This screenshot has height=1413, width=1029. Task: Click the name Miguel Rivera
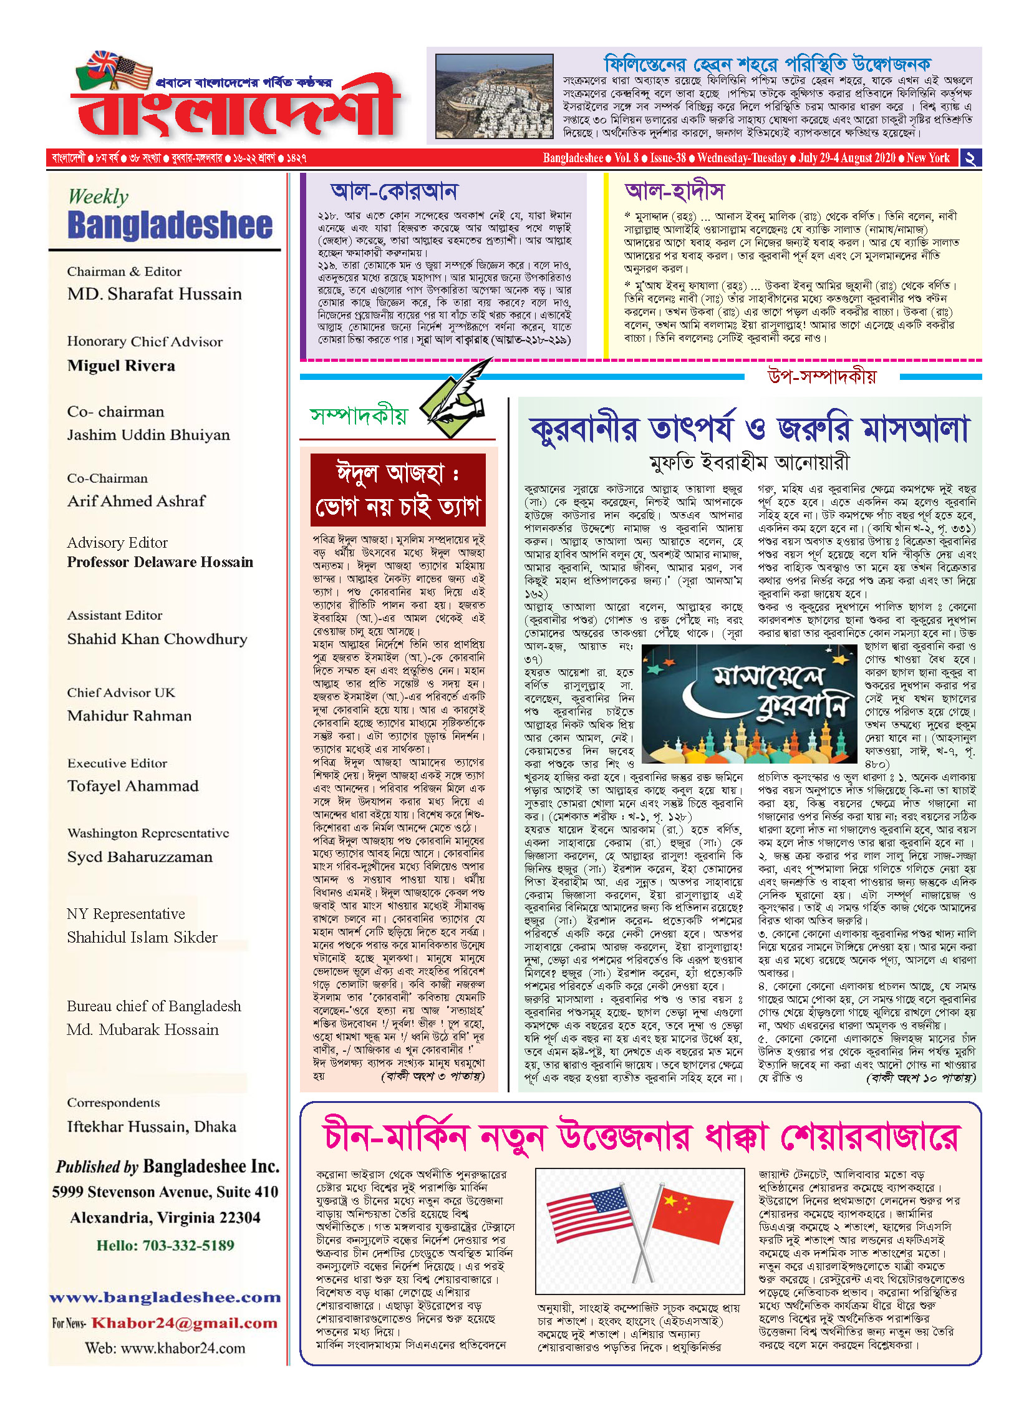click(x=121, y=366)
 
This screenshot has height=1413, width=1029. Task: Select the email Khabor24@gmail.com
click(x=184, y=1323)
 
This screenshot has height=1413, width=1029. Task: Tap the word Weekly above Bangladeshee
click(x=98, y=197)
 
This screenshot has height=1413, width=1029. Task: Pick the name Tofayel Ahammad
click(x=133, y=786)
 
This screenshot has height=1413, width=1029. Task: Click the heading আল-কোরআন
click(x=394, y=191)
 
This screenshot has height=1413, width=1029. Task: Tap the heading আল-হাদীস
click(x=675, y=191)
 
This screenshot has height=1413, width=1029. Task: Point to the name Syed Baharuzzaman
click(x=140, y=857)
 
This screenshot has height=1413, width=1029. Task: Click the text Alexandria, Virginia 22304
click(x=165, y=1217)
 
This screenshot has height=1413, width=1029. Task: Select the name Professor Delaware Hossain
click(x=160, y=562)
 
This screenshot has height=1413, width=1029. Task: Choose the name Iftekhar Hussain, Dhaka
click(x=152, y=1126)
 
